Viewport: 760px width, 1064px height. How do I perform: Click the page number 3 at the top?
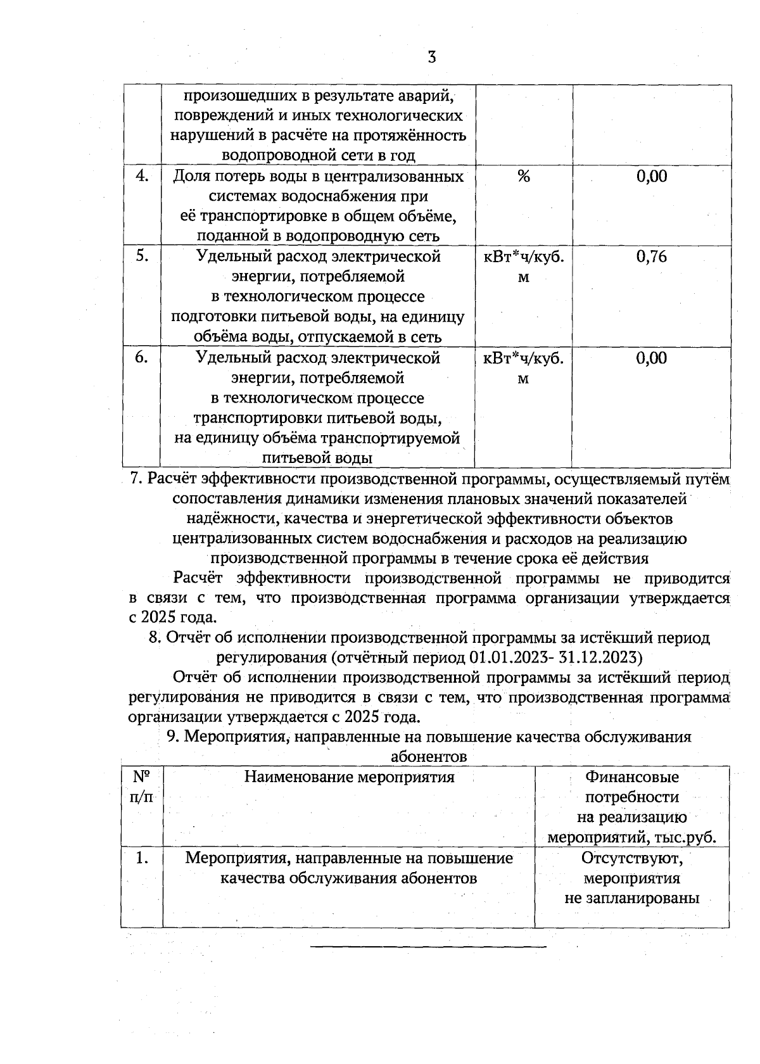(x=431, y=58)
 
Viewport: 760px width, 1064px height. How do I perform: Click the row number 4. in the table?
(x=142, y=176)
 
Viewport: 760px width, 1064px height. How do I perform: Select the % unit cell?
(x=523, y=177)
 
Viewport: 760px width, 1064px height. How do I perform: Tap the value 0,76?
(x=652, y=257)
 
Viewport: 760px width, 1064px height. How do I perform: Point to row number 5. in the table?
(x=142, y=256)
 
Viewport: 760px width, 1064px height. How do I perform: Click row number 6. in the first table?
(x=142, y=358)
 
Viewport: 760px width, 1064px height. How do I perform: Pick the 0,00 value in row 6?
(x=652, y=358)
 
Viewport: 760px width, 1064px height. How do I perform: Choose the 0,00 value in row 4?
(x=652, y=177)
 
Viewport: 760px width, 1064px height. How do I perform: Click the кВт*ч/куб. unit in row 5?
(x=524, y=257)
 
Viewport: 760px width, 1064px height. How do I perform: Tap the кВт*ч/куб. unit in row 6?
(x=524, y=358)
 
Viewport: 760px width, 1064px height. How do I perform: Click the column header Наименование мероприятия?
(x=350, y=777)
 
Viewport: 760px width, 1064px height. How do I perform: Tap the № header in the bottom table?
(x=141, y=777)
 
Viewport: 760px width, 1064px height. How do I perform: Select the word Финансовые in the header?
(x=632, y=777)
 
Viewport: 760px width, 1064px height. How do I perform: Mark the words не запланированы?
(x=632, y=899)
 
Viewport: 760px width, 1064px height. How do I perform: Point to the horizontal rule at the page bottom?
(x=428, y=947)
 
